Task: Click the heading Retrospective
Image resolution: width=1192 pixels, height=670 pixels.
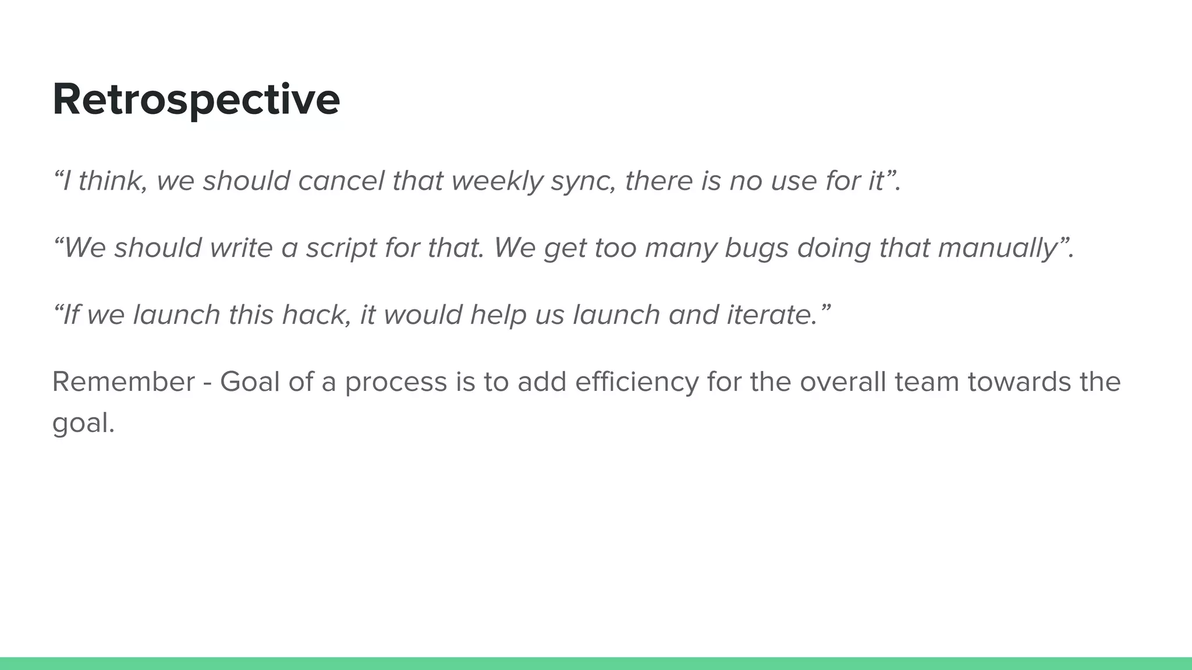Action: (x=196, y=99)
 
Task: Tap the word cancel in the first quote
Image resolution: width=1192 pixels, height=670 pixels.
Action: (x=341, y=181)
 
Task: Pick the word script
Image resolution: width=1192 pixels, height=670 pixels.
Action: (x=342, y=248)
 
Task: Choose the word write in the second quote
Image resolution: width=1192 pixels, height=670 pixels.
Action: (x=241, y=248)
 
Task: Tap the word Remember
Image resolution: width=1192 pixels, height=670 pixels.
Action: (x=123, y=382)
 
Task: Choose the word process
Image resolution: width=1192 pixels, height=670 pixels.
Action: (x=396, y=383)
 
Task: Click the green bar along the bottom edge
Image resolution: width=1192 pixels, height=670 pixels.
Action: (x=596, y=663)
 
